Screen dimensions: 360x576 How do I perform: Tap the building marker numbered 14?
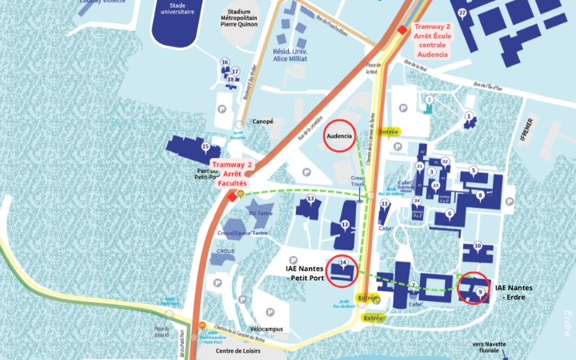pos(343,262)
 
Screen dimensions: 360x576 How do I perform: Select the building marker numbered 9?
pos(480,293)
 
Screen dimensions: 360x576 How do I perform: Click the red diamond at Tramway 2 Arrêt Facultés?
pos(232,196)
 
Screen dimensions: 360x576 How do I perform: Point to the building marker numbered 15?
pos(206,146)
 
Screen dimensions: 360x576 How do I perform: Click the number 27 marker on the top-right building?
pos(462,14)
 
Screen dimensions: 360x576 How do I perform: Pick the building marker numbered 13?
pos(310,198)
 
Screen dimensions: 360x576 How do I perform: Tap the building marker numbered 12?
pos(345,225)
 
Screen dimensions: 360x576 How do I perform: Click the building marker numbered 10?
pos(478,246)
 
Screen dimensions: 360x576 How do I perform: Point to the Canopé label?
pos(263,122)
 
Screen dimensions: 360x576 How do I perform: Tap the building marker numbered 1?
pos(469,117)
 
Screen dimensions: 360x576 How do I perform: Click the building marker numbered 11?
pos(385,204)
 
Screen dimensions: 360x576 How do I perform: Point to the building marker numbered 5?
pos(474,170)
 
